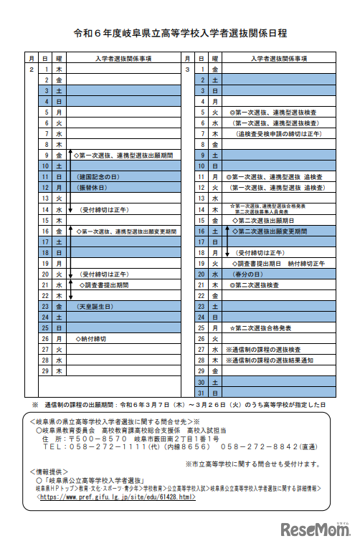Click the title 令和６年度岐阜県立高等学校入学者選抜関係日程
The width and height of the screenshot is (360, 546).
tap(180, 33)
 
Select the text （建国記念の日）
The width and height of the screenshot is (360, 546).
tap(96, 176)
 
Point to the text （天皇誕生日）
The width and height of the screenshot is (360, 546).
tap(96, 306)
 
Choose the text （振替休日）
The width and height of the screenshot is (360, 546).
tap(91, 187)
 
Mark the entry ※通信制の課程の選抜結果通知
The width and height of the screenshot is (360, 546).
tap(269, 360)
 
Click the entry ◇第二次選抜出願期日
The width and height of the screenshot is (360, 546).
tap(260, 220)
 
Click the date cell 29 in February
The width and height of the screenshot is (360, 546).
tap(45, 371)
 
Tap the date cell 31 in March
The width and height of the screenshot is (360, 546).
tap(203, 393)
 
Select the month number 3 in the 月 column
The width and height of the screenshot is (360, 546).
tap(187, 69)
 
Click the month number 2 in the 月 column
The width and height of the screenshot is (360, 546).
tap(32, 69)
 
